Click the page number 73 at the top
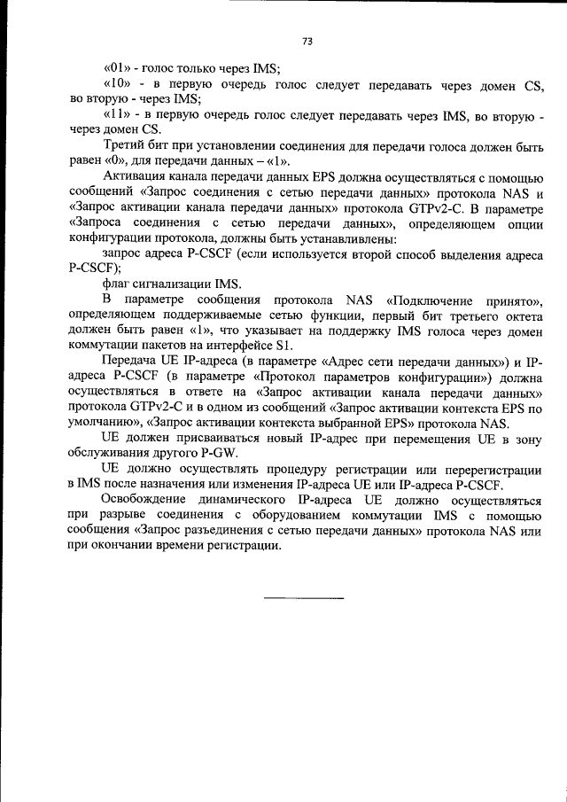[x=307, y=41]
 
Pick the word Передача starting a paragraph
[x=130, y=362]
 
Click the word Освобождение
[x=146, y=501]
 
